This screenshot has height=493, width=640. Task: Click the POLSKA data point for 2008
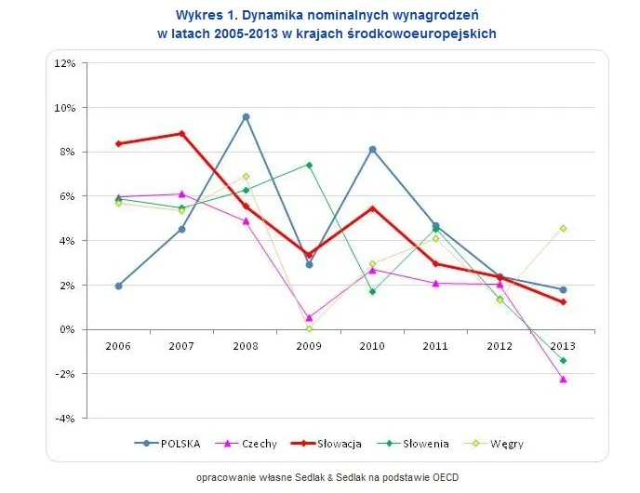[246, 117]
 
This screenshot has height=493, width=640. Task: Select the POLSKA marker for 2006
[118, 286]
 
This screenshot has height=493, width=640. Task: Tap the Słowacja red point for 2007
[182, 133]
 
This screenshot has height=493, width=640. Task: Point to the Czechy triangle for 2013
[564, 380]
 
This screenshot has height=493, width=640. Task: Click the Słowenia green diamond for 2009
[309, 165]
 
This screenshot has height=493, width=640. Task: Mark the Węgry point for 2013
[564, 228]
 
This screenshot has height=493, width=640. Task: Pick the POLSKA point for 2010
[372, 149]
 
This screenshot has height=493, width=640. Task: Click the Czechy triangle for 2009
[309, 317]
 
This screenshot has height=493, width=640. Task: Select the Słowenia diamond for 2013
[564, 361]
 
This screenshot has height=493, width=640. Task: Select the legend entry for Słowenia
[414, 444]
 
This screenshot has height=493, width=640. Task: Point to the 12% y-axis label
[64, 63]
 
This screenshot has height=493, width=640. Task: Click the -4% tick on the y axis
[64, 419]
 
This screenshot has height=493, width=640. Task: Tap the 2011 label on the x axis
[436, 345]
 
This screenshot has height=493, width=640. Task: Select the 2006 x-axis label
[118, 345]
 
